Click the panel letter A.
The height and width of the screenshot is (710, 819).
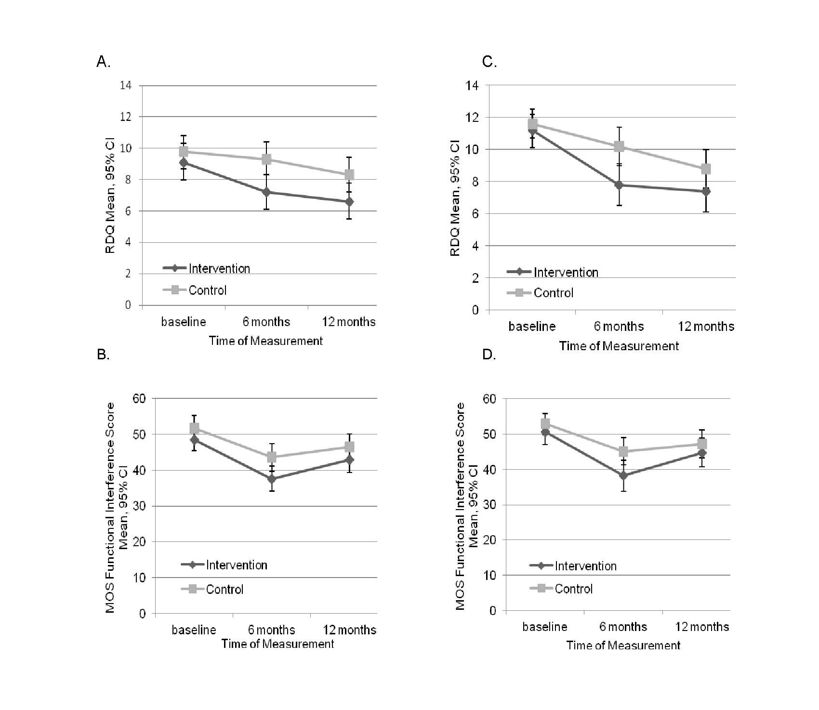click(103, 62)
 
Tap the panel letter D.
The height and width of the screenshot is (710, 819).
click(489, 355)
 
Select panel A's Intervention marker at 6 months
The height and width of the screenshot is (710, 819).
click(266, 192)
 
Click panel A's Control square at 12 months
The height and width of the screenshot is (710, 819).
click(349, 174)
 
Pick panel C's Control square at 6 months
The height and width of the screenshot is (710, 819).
click(619, 146)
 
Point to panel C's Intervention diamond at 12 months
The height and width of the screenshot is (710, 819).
click(706, 191)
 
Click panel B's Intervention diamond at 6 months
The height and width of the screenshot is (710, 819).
click(272, 479)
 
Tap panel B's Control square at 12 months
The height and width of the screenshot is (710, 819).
click(349, 447)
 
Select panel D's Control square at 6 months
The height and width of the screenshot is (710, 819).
click(623, 451)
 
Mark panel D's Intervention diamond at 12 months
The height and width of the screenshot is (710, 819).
click(702, 453)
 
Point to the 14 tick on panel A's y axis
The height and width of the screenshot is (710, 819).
click(126, 85)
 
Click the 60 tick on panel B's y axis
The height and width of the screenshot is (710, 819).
click(139, 398)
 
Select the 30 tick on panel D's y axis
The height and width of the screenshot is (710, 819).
click(489, 505)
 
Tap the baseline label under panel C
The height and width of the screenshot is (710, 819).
click(532, 327)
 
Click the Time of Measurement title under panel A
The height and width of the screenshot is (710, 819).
click(266, 341)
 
